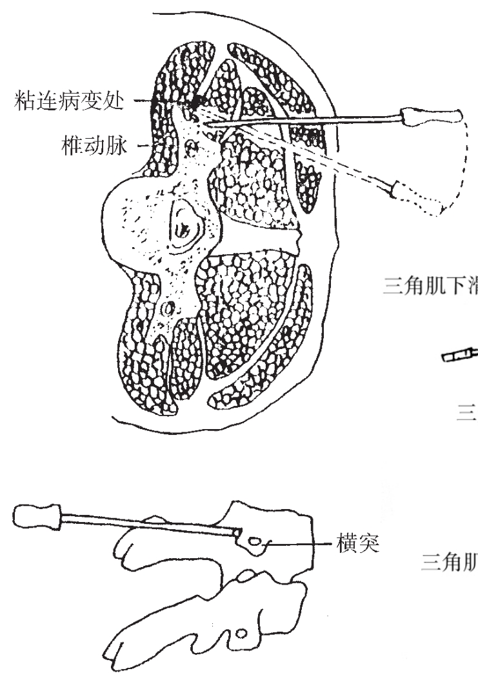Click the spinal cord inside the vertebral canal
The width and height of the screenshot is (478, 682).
coord(185,228)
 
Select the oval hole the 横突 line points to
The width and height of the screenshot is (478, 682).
coord(257,543)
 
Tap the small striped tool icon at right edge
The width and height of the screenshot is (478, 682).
coord(459,354)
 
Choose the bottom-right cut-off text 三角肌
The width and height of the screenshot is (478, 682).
coord(448,563)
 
